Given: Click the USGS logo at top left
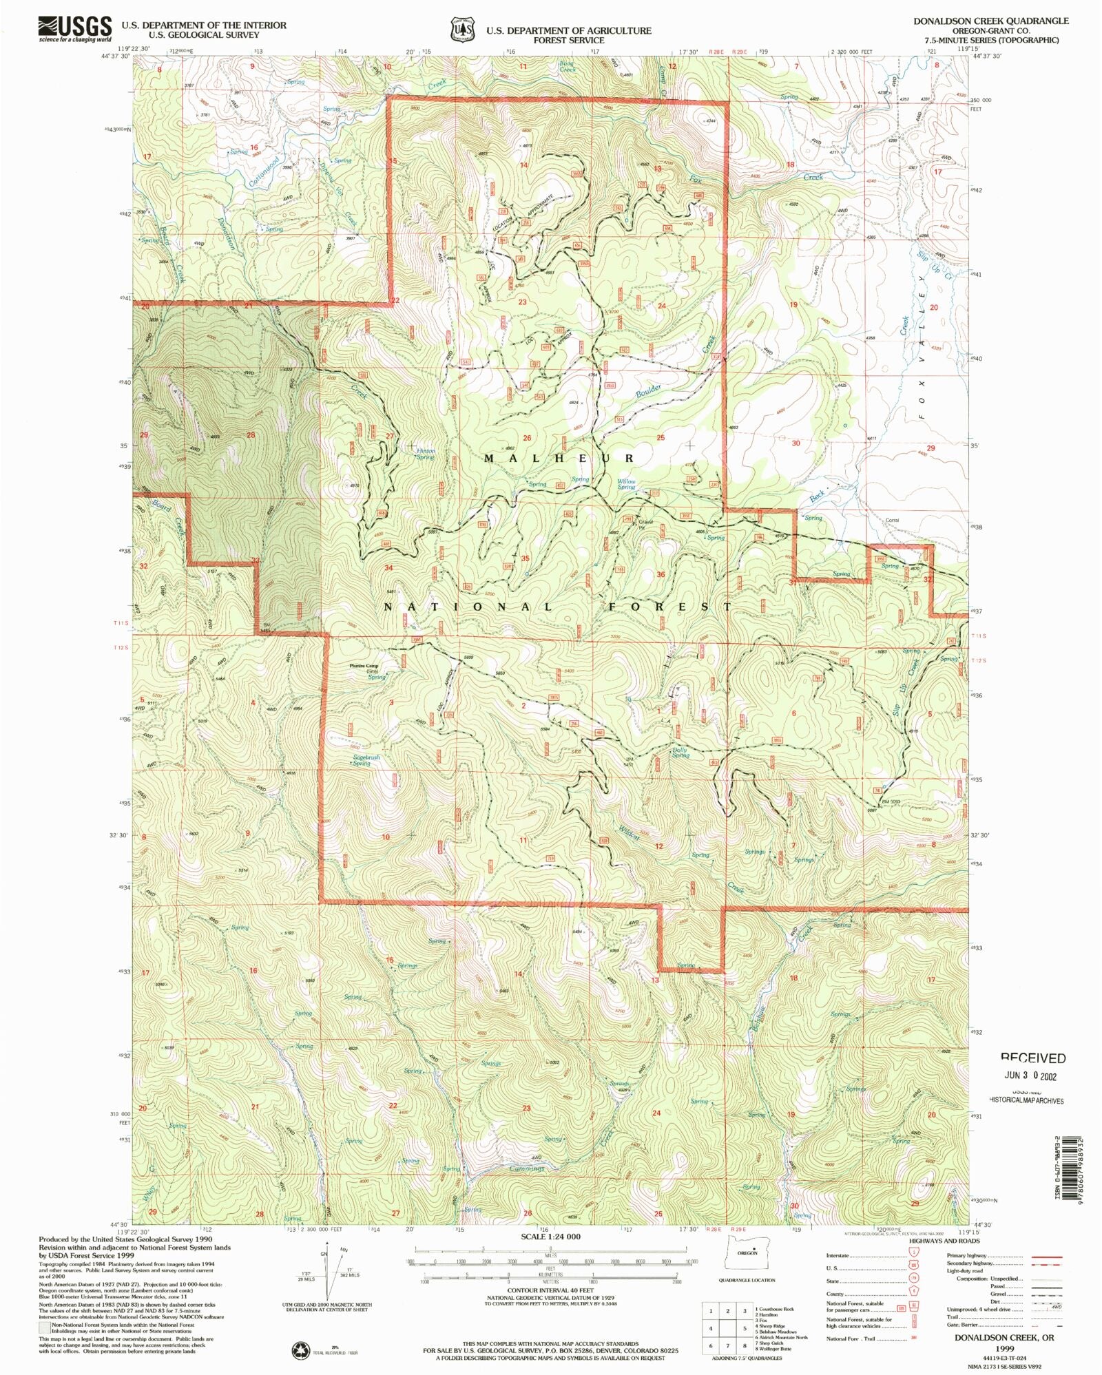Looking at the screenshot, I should [x=74, y=29].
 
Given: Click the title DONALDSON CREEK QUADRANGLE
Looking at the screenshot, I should [x=990, y=21].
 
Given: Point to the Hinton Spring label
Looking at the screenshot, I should [x=425, y=454].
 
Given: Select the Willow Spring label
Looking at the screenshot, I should [x=626, y=484].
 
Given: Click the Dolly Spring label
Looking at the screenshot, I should [x=680, y=753].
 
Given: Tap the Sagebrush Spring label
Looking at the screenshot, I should [x=366, y=760].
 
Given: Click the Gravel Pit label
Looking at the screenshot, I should [x=645, y=523].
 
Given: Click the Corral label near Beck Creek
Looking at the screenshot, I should [x=892, y=521].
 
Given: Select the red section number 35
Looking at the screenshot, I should [x=526, y=558].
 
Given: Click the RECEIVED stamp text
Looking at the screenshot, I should [x=1032, y=1058].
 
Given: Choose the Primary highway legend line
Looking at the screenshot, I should [x=1046, y=1256].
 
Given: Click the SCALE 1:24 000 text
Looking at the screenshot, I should [x=550, y=1237].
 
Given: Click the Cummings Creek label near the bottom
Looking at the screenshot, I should [x=527, y=1168].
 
